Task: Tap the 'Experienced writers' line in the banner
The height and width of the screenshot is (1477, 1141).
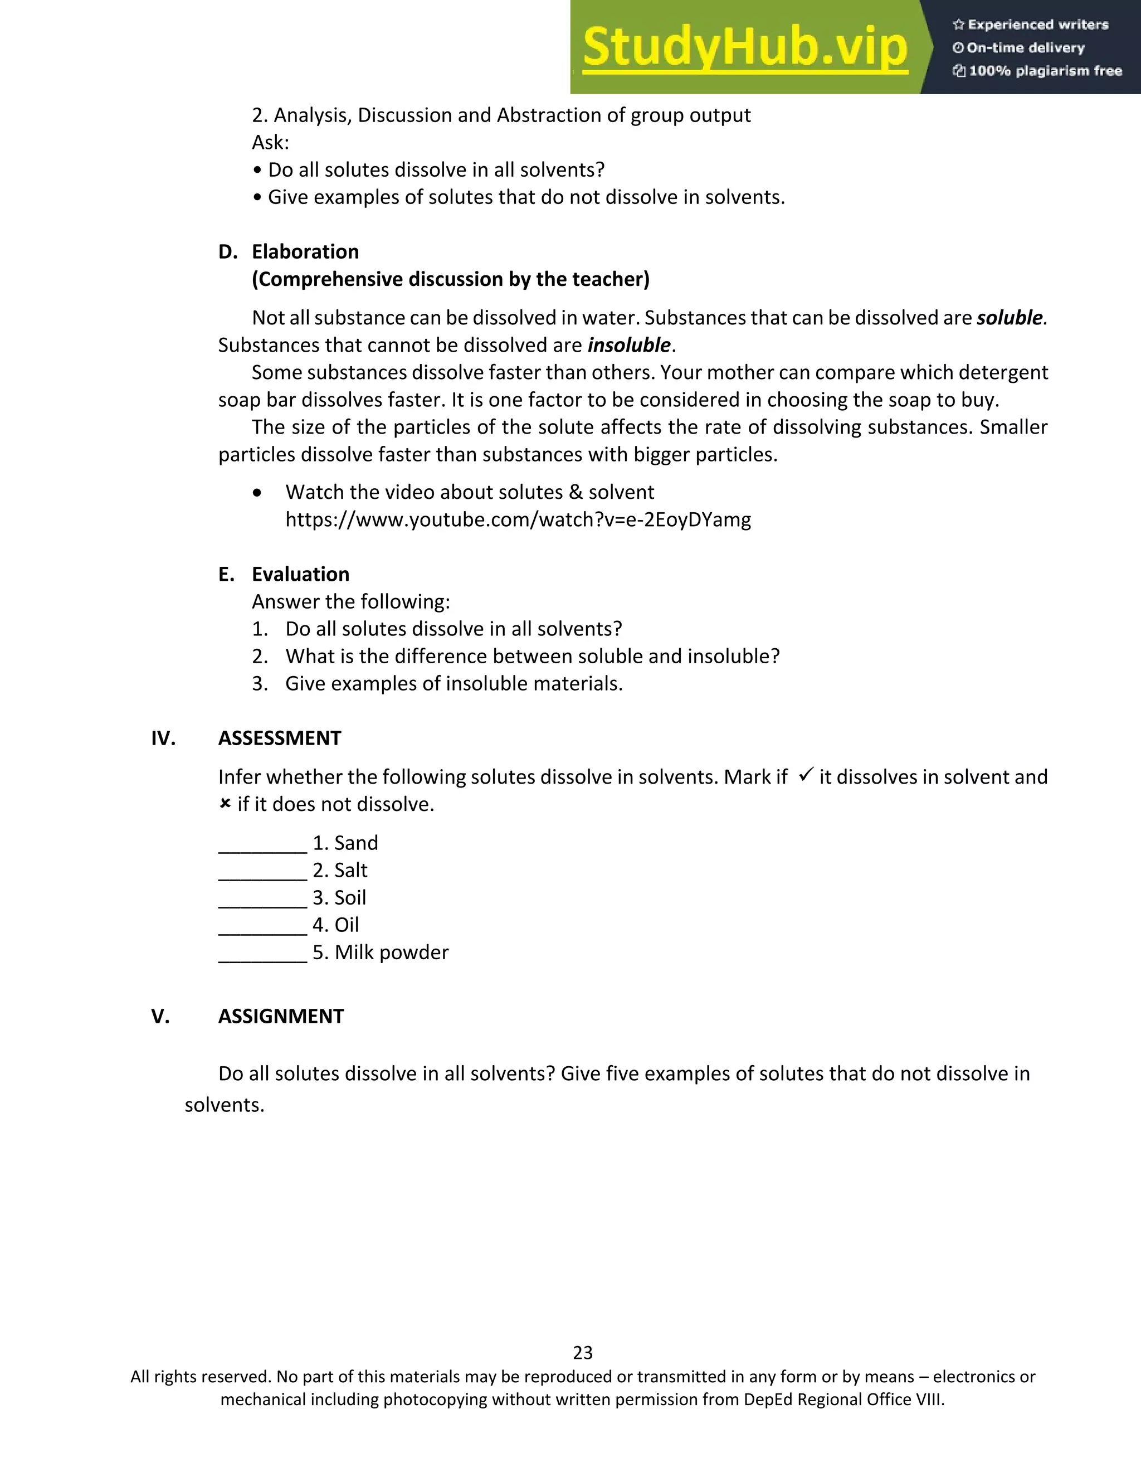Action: [x=1031, y=25]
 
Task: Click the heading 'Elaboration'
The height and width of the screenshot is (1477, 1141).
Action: [x=305, y=251]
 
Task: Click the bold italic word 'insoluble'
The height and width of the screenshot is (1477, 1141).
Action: [x=628, y=345]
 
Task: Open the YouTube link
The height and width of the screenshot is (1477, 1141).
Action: [x=518, y=519]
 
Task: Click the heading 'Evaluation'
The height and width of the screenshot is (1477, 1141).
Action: [x=300, y=574]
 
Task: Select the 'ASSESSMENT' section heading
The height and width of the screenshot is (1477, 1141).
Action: [x=279, y=738]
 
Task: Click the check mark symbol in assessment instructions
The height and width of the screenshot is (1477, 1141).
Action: [x=805, y=775]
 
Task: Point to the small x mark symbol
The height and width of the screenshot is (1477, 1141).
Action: [x=225, y=803]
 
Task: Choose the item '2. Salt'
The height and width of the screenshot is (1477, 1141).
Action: [x=340, y=871]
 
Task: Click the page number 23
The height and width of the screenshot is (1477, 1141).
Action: [x=583, y=1353]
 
